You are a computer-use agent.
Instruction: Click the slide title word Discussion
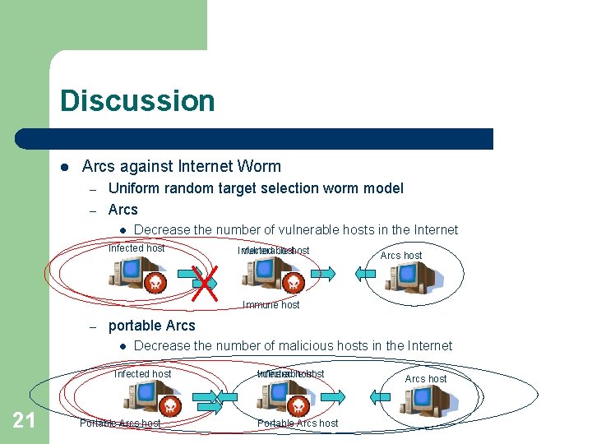click(137, 101)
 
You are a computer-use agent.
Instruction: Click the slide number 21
click(24, 421)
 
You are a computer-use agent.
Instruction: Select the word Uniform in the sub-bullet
click(135, 188)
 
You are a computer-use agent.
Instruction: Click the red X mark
click(204, 282)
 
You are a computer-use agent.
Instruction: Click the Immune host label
click(271, 305)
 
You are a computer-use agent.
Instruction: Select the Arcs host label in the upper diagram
click(401, 256)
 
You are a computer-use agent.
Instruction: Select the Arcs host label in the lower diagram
click(426, 379)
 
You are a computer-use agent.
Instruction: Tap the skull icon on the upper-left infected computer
click(155, 284)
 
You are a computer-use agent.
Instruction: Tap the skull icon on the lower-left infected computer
click(169, 405)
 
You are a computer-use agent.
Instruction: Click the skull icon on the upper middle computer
click(293, 284)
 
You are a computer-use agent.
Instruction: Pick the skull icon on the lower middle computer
click(297, 405)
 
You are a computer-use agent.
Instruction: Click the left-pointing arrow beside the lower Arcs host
click(379, 398)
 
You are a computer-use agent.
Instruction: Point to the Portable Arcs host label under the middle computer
click(298, 423)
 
